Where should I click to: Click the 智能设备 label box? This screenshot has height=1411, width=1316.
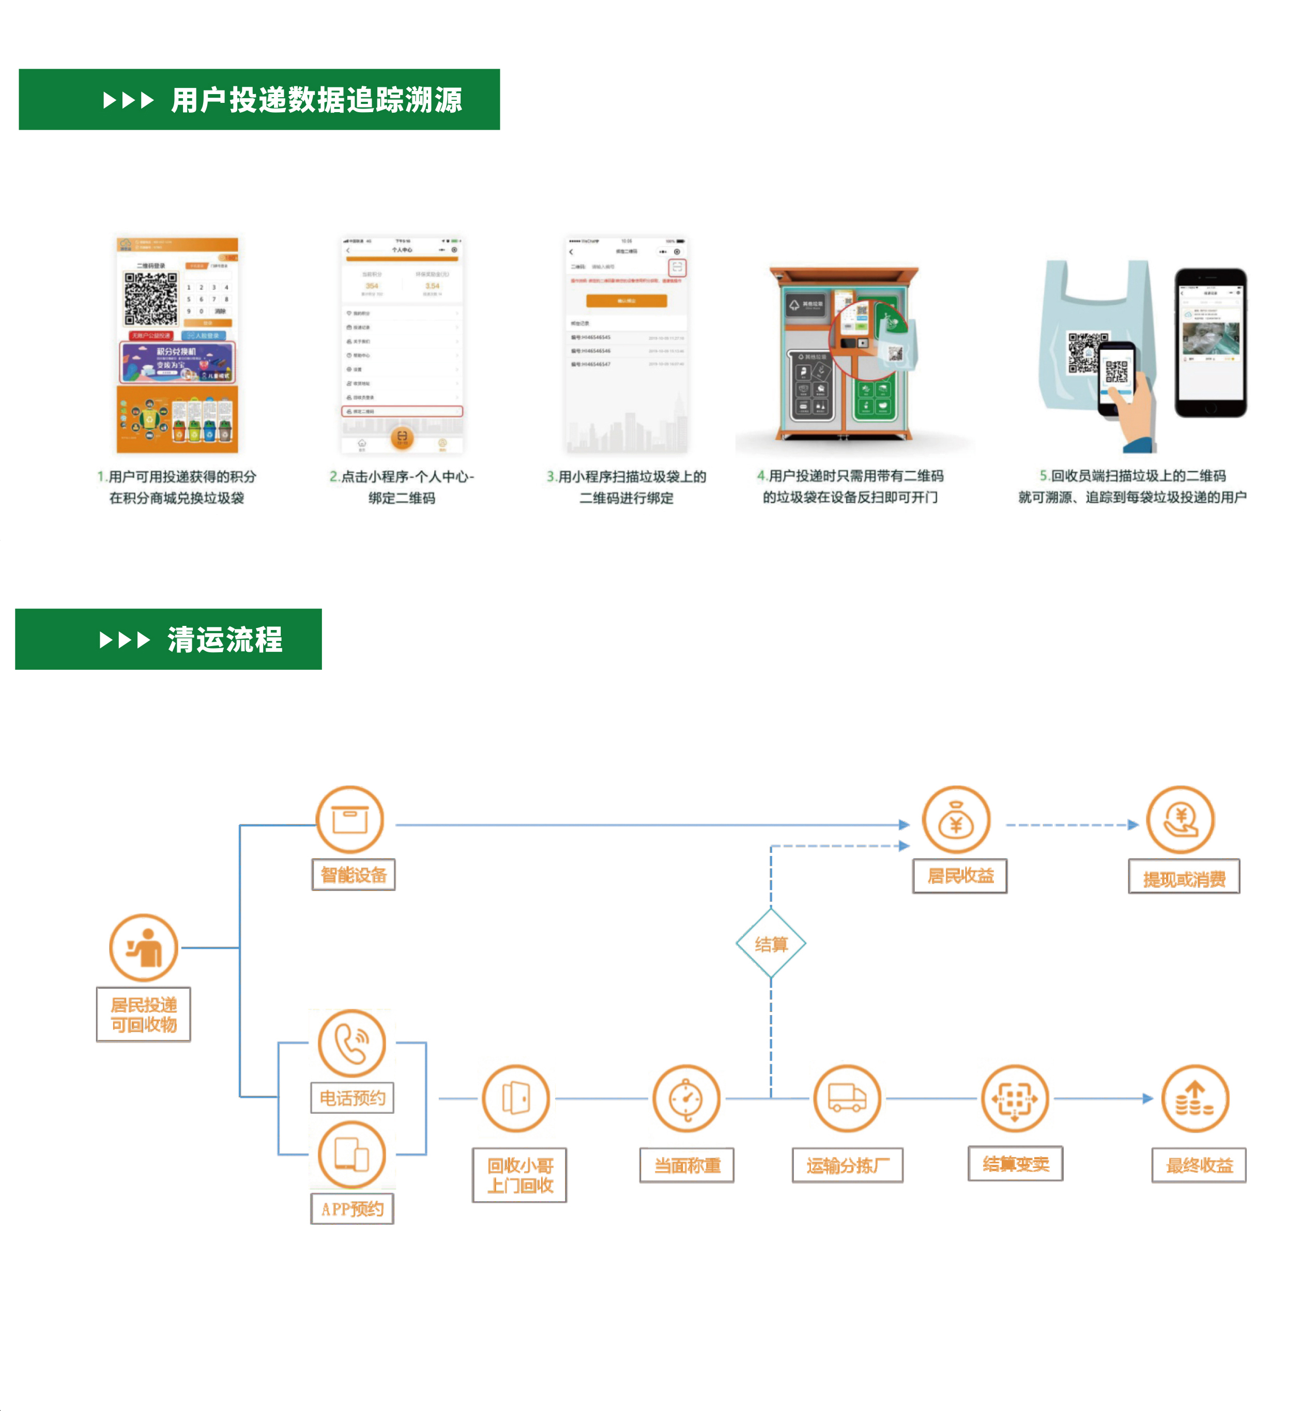[x=353, y=875]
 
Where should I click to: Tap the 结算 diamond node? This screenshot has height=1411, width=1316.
[x=770, y=944]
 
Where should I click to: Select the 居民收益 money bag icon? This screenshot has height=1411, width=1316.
[x=955, y=820]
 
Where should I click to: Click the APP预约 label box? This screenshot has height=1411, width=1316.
[x=352, y=1209]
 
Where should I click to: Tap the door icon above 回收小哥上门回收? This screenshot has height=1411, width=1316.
[x=516, y=1098]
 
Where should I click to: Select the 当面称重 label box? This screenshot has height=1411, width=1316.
[x=686, y=1164]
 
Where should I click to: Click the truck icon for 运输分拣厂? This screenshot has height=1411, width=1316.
[x=846, y=1098]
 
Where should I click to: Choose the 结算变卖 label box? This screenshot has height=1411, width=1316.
[x=1015, y=1163]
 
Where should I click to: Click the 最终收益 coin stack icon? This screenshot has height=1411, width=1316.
[x=1195, y=1098]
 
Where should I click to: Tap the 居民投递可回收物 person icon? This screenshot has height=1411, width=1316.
[x=143, y=947]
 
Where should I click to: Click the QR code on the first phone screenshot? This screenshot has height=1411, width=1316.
[x=150, y=298]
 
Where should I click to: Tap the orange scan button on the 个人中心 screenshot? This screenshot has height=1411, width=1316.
[x=402, y=437]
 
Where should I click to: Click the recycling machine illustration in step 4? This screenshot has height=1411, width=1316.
[x=845, y=352]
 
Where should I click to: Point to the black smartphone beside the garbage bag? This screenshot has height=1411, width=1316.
[x=1210, y=342]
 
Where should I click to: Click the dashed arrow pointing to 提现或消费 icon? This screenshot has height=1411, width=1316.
[x=1072, y=825]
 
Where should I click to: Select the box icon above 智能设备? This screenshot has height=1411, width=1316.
[x=350, y=820]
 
